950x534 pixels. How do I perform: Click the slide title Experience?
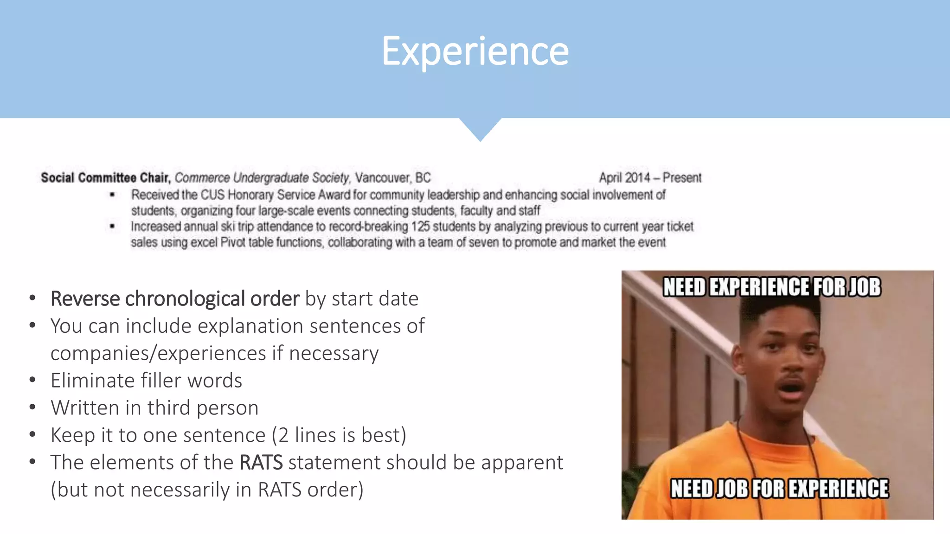click(x=475, y=51)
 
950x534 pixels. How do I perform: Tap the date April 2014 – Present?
click(x=650, y=178)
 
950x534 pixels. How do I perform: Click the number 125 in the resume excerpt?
click(x=421, y=227)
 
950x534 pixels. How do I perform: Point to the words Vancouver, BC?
click(x=393, y=178)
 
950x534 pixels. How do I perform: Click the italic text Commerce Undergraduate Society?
click(x=262, y=178)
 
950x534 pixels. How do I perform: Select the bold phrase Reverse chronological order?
click(x=175, y=299)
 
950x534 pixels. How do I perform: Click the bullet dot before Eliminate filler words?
click(x=32, y=380)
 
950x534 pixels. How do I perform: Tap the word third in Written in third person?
click(x=169, y=408)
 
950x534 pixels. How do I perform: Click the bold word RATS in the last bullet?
click(x=261, y=463)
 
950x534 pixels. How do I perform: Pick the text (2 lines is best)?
click(x=339, y=435)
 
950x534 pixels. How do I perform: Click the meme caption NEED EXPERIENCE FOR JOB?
click(x=771, y=287)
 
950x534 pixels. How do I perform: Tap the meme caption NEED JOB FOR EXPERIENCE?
click(x=779, y=489)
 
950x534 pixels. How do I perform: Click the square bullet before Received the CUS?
click(x=112, y=195)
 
